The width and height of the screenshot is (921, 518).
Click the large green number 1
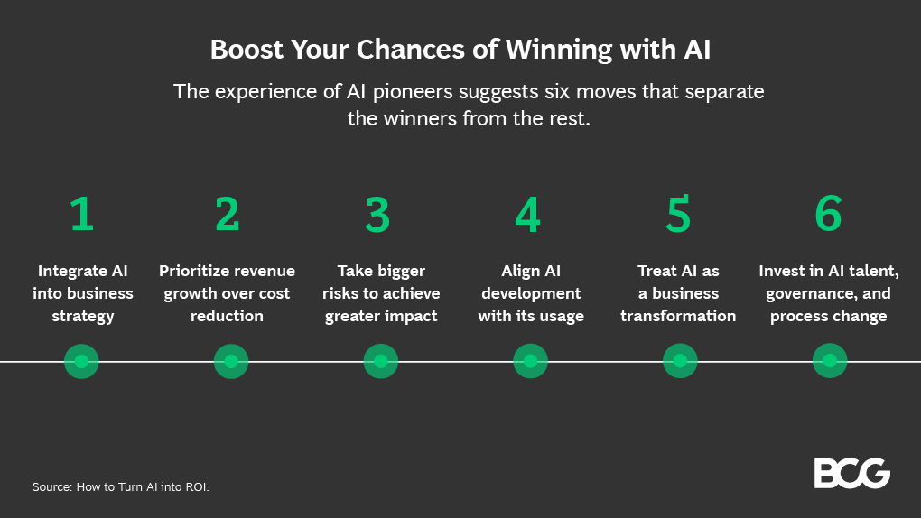(x=82, y=214)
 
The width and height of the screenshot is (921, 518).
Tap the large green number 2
(x=228, y=214)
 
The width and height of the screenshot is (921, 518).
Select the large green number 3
(x=377, y=214)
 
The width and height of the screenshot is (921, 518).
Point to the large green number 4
(x=528, y=214)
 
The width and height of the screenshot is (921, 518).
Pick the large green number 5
(x=678, y=214)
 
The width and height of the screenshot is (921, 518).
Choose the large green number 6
(x=828, y=214)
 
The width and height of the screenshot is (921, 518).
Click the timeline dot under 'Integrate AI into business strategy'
(x=81, y=361)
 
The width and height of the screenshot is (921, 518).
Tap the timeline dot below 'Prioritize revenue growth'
(x=231, y=361)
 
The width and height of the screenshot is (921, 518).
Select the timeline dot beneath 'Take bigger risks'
(x=380, y=361)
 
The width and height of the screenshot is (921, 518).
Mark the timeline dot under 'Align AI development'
(x=530, y=361)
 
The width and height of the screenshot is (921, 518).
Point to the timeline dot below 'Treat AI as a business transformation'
(x=680, y=361)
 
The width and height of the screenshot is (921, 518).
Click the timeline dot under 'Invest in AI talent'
(x=829, y=361)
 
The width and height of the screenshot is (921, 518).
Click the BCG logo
(x=851, y=474)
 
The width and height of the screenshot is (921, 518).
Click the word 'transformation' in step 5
(x=678, y=316)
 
